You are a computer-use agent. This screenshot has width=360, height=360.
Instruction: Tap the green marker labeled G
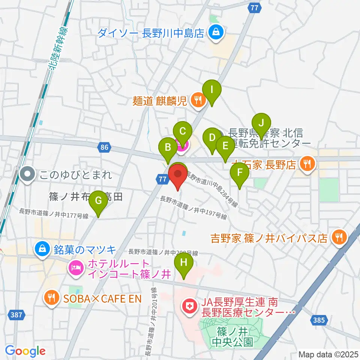[98, 200]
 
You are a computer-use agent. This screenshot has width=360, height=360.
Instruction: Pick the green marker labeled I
[212, 90]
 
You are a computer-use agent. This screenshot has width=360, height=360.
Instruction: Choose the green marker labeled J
[261, 123]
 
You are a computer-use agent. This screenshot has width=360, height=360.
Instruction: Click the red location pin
[178, 176]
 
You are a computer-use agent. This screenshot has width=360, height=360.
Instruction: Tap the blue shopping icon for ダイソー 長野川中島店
[216, 33]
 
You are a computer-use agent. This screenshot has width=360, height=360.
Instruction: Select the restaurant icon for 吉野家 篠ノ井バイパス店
[339, 237]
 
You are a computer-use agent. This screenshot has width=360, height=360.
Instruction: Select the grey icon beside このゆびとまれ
[27, 174]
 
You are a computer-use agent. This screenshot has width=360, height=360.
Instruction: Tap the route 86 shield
[104, 148]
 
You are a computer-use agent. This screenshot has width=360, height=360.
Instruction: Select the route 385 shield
[319, 320]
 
